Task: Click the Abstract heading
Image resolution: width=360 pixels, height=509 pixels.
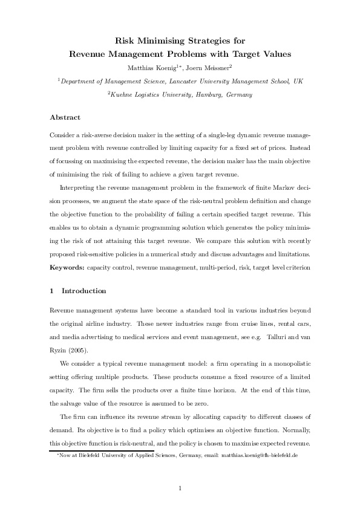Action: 65,117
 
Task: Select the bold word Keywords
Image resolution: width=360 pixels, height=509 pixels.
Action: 67,266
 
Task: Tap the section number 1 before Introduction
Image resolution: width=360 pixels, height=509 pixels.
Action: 52,290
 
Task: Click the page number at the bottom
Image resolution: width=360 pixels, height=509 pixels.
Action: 180,487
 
